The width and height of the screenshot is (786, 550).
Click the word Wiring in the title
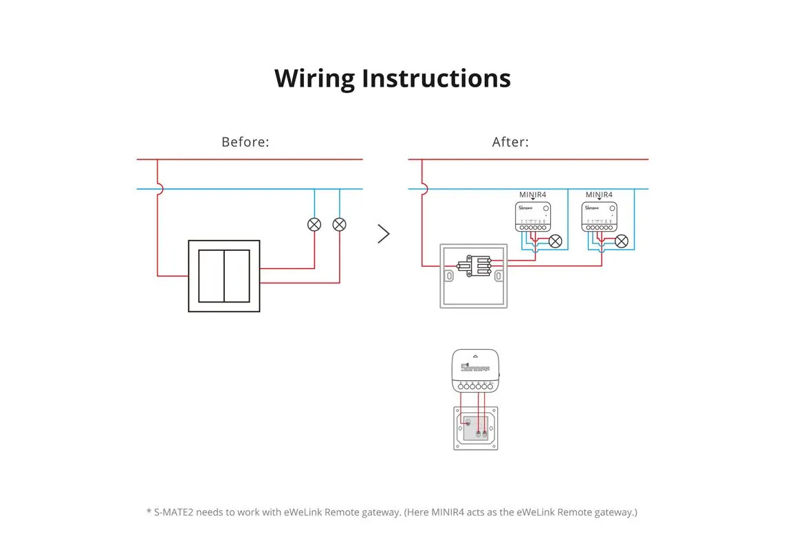pyautogui.click(x=315, y=78)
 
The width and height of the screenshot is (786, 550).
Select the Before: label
pyautogui.click(x=245, y=142)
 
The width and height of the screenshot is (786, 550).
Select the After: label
pyautogui.click(x=510, y=142)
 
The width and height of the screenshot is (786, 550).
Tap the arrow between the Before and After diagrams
pyautogui.click(x=384, y=234)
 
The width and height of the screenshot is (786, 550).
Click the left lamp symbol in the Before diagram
pyautogui.click(x=314, y=224)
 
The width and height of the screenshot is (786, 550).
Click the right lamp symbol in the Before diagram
pyautogui.click(x=339, y=224)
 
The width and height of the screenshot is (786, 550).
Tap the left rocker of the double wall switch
pyautogui.click(x=211, y=276)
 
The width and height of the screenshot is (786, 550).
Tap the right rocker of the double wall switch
pyautogui.click(x=237, y=276)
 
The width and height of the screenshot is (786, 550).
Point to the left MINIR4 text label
pyautogui.click(x=532, y=195)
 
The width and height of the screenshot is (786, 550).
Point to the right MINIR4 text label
pyautogui.click(x=599, y=195)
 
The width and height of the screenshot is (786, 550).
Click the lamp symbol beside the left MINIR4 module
pyautogui.click(x=555, y=241)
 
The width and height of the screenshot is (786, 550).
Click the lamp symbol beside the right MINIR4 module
pyautogui.click(x=621, y=241)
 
